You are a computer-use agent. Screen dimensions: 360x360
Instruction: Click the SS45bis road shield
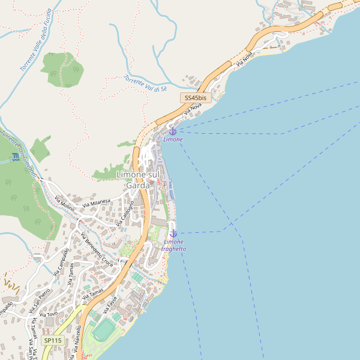coord(196,97)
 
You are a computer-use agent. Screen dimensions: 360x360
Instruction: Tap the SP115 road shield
coord(52,340)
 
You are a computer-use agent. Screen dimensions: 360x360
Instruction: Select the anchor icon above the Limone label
coord(173,130)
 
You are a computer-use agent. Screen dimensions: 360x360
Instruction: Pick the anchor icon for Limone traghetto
coord(173,233)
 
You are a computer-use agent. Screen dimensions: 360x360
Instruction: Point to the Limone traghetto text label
coord(175,245)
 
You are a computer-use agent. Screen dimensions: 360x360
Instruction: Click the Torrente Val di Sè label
coord(145,84)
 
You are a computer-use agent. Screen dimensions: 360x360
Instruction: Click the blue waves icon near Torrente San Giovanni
coord(14,157)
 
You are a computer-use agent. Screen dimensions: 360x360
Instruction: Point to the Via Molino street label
coord(64,205)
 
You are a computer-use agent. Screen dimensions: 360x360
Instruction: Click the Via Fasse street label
coord(112,307)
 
